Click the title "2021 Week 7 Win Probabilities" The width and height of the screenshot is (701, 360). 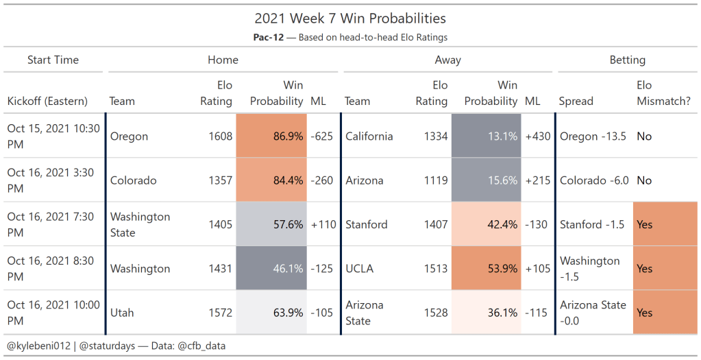click(350, 19)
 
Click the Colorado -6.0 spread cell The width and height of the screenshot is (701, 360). click(593, 180)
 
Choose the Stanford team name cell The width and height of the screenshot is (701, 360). click(367, 224)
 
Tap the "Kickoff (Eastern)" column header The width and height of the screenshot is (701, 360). click(47, 101)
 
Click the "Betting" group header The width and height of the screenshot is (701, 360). click(627, 60)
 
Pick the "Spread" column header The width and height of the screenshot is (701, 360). click(576, 101)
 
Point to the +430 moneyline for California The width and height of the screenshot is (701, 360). click(538, 136)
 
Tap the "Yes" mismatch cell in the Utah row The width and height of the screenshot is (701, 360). click(645, 313)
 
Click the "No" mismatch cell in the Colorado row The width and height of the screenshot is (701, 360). click(644, 180)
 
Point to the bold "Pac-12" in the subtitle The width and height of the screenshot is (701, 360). click(267, 38)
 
